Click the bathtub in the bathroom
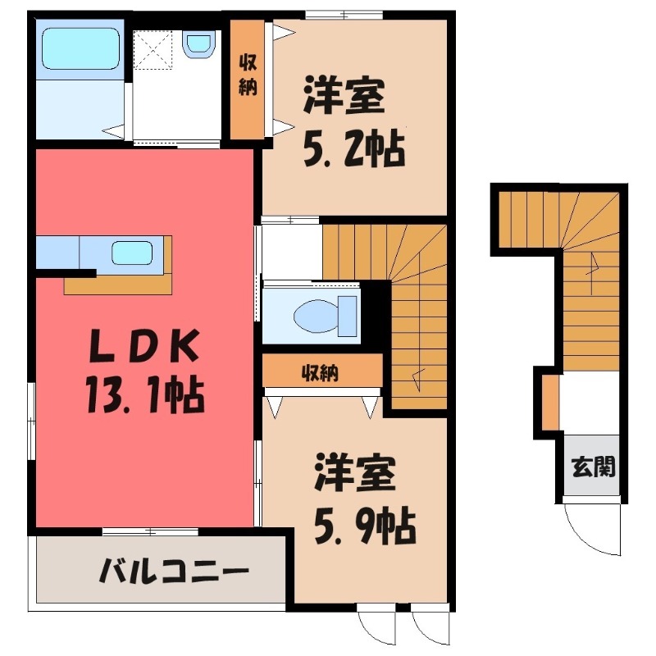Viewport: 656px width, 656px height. tap(81, 48)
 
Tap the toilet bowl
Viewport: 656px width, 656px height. tap(316, 316)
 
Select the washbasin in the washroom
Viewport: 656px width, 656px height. tap(198, 43)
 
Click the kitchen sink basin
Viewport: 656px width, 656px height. tap(132, 253)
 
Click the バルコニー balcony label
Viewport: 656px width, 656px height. tap(174, 570)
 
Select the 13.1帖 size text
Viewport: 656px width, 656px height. tap(145, 395)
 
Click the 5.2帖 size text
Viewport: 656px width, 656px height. tap(354, 150)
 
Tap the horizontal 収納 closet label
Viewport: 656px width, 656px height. tap(321, 373)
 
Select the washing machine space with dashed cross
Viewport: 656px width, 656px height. tap(153, 50)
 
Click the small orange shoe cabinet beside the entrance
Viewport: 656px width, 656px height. tap(550, 403)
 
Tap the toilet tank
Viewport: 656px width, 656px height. tap(347, 316)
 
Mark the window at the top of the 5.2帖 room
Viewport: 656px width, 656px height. tap(344, 15)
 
